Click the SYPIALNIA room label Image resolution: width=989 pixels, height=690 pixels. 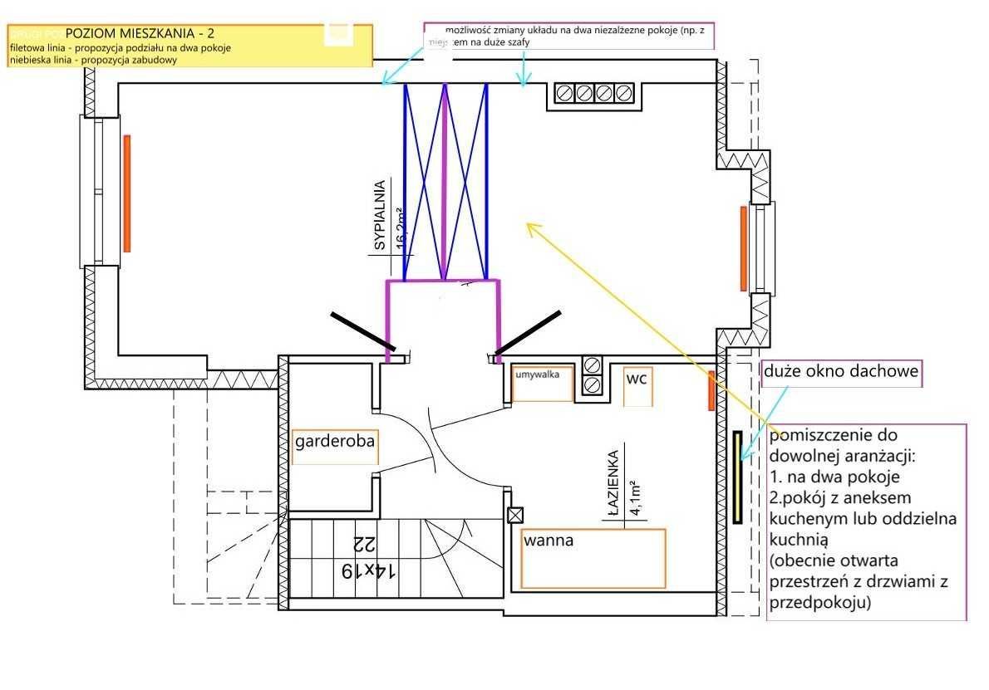point(380,215)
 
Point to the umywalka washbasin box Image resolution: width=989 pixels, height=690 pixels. point(543,383)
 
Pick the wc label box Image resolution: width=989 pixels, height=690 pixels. point(637,385)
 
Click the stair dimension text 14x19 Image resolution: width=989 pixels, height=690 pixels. point(370,570)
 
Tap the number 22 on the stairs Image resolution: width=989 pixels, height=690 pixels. point(364,545)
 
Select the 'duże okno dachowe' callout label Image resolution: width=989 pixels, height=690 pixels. point(841,372)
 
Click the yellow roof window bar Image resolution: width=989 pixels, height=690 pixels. point(737,477)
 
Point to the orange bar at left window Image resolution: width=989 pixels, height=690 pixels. point(127,193)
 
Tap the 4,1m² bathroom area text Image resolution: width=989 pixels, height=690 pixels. point(636,498)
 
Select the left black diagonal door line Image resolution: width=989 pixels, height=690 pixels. point(362,330)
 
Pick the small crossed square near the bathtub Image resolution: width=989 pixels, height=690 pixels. point(514,514)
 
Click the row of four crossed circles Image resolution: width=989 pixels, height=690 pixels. point(594,93)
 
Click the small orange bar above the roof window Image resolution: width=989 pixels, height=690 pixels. point(711,391)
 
